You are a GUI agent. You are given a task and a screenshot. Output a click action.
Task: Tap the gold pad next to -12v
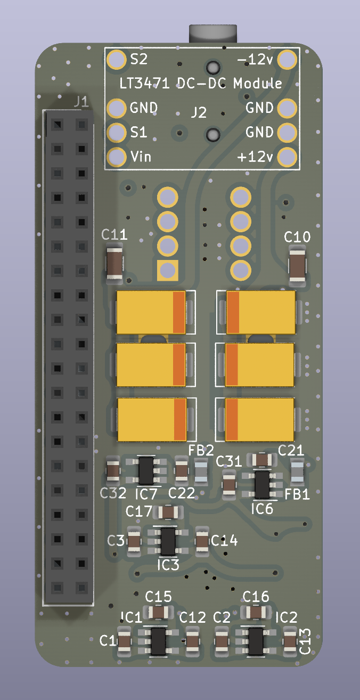(287, 60)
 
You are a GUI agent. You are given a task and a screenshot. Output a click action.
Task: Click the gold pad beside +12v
(287, 157)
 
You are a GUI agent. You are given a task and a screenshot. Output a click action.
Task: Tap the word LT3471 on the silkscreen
(141, 84)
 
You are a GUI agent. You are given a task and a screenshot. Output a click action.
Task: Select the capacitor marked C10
(297, 265)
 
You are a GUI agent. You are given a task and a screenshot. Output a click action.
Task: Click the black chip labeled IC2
(256, 641)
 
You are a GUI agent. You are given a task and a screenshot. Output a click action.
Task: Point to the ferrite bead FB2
(201, 471)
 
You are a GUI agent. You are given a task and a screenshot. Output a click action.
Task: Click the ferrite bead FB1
(297, 471)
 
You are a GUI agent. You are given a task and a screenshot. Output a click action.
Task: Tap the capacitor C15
(159, 612)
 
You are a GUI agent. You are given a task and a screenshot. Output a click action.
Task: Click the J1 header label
(81, 102)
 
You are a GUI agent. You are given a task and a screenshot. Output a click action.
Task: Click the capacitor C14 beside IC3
(202, 541)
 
